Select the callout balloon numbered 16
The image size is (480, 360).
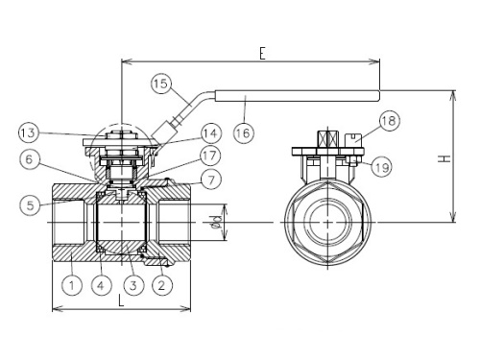(x=244, y=132)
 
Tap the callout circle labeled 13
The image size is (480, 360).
(x=29, y=132)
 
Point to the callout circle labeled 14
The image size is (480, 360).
(x=210, y=133)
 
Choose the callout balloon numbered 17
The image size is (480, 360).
(x=210, y=156)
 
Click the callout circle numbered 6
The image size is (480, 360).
(x=29, y=159)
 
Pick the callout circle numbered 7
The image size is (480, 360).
(x=211, y=180)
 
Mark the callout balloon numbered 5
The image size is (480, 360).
(x=30, y=204)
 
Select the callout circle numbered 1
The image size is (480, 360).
(x=72, y=285)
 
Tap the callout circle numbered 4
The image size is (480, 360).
(x=101, y=285)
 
